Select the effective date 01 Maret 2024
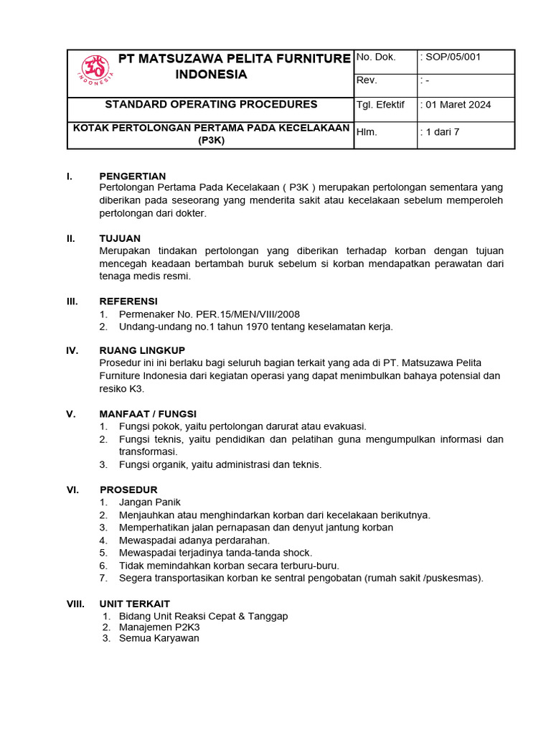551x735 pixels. (x=458, y=105)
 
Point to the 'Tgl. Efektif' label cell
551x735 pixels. (x=381, y=105)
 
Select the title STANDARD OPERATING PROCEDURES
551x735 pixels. (x=211, y=105)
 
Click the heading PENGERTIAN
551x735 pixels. (x=132, y=176)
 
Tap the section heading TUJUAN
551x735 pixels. (x=120, y=238)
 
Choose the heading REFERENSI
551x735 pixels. (x=128, y=301)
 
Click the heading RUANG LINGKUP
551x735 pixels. (x=142, y=350)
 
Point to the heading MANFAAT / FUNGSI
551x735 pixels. (x=148, y=413)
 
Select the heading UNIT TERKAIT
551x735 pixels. (x=134, y=604)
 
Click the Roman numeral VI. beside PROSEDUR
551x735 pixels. (x=72, y=490)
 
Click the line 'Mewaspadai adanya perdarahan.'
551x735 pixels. (x=194, y=540)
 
